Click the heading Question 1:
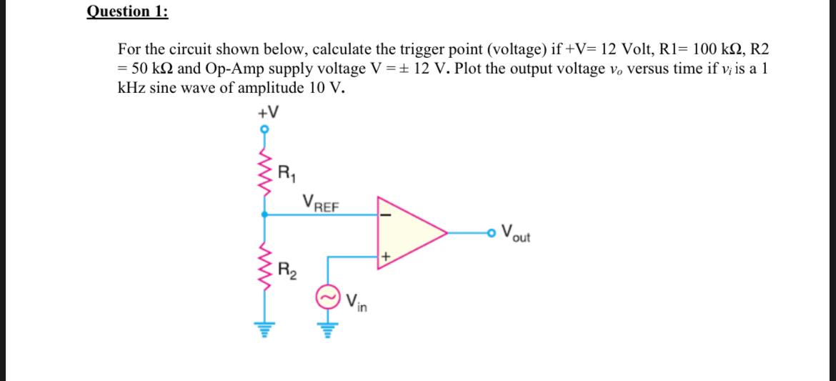(127, 11)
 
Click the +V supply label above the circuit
(269, 113)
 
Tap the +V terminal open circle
(265, 130)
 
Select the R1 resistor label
(284, 172)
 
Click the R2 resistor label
(284, 271)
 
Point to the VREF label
(321, 203)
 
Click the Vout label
(516, 233)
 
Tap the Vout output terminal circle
(492, 232)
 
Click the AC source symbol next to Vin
(328, 298)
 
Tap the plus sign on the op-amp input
(385, 254)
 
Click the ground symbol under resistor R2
(265, 330)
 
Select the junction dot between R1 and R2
(265, 213)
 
